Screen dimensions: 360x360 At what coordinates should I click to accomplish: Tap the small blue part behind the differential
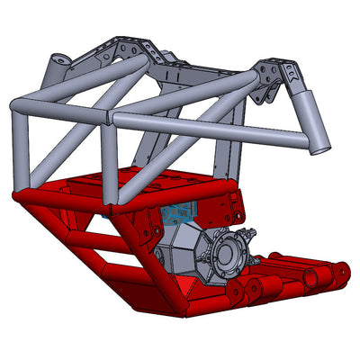click(175, 213)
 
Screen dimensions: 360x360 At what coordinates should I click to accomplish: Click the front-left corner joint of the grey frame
click(17, 108)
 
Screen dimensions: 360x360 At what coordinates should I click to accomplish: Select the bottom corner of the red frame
click(184, 310)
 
